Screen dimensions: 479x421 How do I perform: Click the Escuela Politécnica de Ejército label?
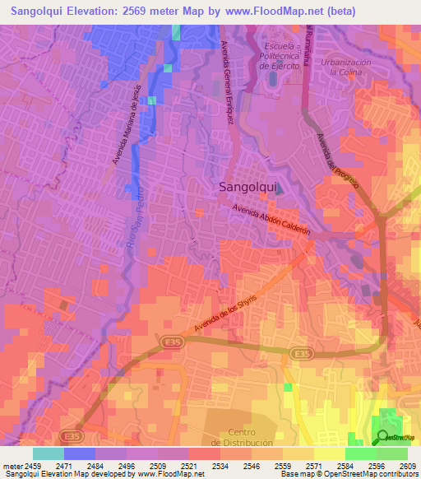280,53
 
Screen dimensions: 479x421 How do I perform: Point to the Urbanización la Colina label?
346,67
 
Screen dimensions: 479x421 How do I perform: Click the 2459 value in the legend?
33,465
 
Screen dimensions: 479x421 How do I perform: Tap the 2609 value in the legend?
407,465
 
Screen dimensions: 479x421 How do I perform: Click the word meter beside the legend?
12,465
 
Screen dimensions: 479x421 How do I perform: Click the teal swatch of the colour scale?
48,453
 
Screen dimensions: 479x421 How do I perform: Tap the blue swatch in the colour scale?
79,453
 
